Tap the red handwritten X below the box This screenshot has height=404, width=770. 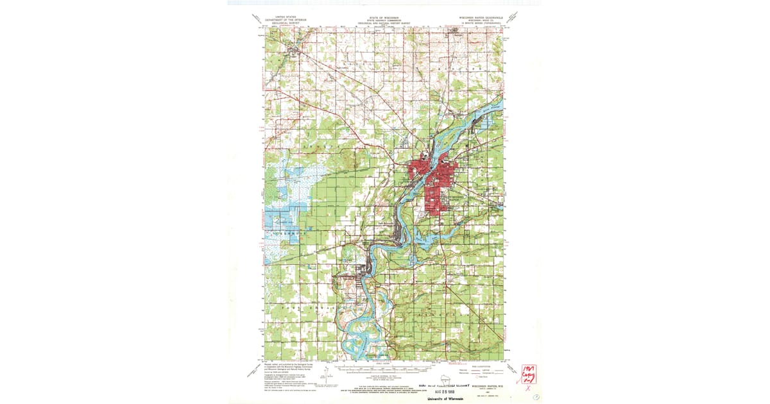point(528,388)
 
